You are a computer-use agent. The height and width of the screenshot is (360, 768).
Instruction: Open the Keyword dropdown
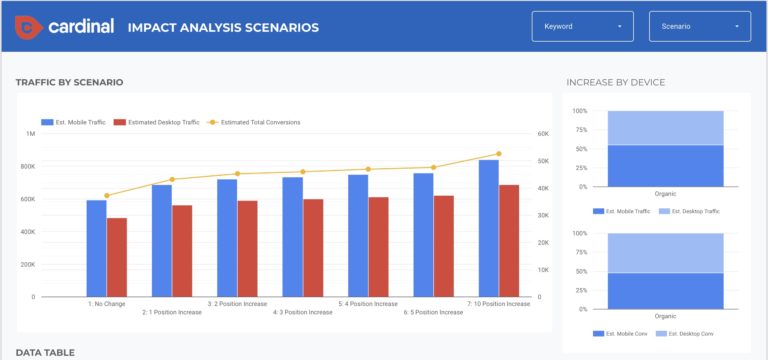click(x=582, y=26)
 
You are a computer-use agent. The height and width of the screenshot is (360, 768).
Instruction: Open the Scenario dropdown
click(x=699, y=26)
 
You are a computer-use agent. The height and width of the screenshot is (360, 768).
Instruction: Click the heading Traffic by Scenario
click(x=69, y=82)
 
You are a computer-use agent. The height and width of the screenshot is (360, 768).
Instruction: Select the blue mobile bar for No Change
click(x=96, y=248)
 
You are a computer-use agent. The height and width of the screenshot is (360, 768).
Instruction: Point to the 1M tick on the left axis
click(x=30, y=134)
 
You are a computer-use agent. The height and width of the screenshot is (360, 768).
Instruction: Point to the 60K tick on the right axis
click(x=544, y=134)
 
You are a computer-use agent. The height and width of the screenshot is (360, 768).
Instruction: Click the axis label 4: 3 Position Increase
click(x=303, y=312)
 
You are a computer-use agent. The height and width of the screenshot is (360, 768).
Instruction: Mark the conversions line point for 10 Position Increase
click(x=499, y=154)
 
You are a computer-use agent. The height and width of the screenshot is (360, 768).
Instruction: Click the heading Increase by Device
click(x=615, y=82)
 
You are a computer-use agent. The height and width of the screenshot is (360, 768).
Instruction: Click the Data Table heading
click(x=45, y=352)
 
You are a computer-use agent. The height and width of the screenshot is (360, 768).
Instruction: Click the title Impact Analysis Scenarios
click(x=223, y=27)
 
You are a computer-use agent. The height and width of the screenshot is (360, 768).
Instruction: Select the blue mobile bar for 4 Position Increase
click(x=358, y=235)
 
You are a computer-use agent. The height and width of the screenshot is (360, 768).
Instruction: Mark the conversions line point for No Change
click(x=107, y=195)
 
